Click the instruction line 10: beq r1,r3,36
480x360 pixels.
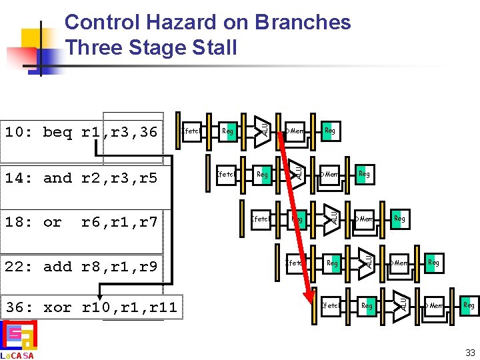(81, 132)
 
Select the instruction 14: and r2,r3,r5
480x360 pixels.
(81, 178)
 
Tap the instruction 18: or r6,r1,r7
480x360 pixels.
(81, 221)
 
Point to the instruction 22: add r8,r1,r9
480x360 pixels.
(81, 267)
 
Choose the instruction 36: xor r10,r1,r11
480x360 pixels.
(91, 307)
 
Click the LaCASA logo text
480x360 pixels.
(17, 355)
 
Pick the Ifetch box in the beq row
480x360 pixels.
(191, 131)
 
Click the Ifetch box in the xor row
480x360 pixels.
(330, 306)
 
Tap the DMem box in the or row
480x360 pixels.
(363, 218)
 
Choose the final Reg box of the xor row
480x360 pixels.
(469, 305)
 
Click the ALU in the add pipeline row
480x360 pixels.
(367, 260)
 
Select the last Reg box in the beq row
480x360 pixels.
(329, 131)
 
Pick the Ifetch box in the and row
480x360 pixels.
(226, 175)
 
